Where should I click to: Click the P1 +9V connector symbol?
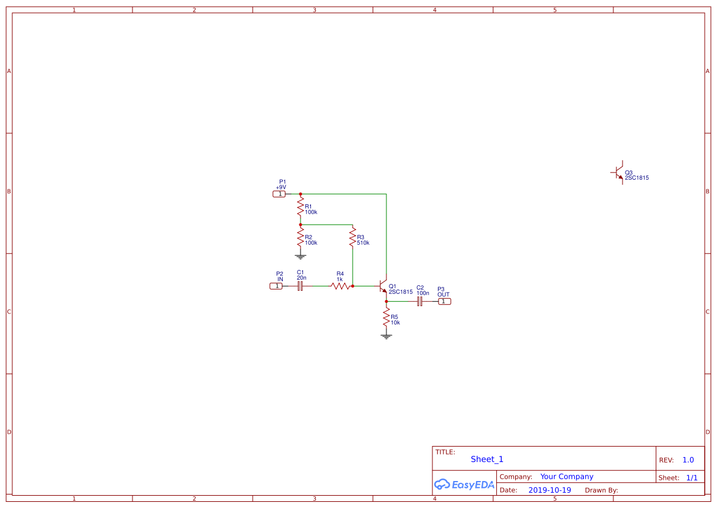(279, 194)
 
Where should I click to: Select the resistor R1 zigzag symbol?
(301, 209)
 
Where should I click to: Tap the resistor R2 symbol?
(301, 239)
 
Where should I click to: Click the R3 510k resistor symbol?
(353, 239)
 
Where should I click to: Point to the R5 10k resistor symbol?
(386, 318)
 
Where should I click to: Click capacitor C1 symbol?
(301, 286)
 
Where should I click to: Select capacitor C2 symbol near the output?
(420, 301)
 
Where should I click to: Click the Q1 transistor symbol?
(383, 287)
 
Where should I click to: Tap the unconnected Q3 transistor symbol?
(619, 172)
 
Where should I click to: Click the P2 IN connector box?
(277, 286)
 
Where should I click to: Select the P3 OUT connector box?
(444, 301)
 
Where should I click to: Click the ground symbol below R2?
(301, 256)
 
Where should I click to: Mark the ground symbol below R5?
(386, 336)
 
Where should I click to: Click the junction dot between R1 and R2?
(301, 225)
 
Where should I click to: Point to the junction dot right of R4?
(353, 286)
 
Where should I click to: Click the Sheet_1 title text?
(487, 459)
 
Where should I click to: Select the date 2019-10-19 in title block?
(550, 490)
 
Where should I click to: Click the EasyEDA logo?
(464, 485)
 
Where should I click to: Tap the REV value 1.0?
(688, 460)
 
